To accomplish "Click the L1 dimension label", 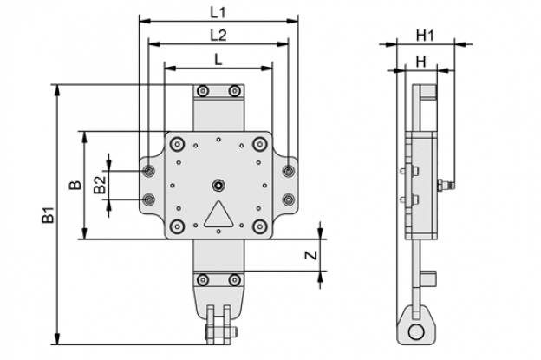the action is pos(218,13).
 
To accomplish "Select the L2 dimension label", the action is pos(218,36).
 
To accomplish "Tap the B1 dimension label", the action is pos(49,214).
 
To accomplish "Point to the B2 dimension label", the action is pos(100,185).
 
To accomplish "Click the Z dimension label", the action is pos(311,255).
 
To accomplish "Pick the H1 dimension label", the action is pos(425,36).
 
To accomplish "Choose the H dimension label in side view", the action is pos(421,62).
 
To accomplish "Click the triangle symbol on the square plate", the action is pos(218,214).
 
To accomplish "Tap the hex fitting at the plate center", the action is pos(218,186).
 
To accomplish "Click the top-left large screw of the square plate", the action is pos(178,144).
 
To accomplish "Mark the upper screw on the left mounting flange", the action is pos(149,171).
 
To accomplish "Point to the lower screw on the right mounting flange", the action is pos(288,200).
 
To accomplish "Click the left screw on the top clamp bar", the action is pos(203,91).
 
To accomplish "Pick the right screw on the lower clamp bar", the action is pos(235,279).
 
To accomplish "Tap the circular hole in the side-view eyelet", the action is pos(416,332).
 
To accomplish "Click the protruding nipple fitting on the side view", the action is pos(446,186).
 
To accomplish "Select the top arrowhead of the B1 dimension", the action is pos(58,90).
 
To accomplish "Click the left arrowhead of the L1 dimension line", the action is pos(145,22).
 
